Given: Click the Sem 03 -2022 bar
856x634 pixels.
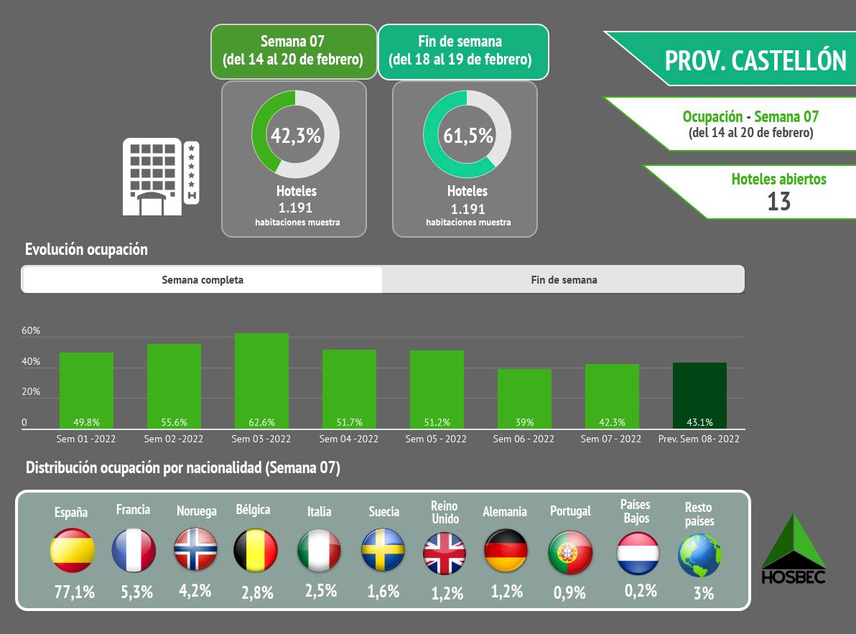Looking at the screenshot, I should pyautogui.click(x=261, y=381).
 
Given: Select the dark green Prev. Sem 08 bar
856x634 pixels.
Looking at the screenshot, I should pyautogui.click(x=699, y=395).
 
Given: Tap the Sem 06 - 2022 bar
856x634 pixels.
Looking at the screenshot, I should pyautogui.click(x=524, y=398).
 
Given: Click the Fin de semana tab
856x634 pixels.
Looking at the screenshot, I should pyautogui.click(x=564, y=280).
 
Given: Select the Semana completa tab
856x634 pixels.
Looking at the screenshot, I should pyautogui.click(x=203, y=280).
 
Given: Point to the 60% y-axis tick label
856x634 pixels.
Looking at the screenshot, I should pyautogui.click(x=31, y=331).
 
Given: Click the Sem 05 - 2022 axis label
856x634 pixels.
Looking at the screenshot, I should pyautogui.click(x=437, y=439).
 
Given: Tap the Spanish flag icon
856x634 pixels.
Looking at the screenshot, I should pyautogui.click(x=73, y=551).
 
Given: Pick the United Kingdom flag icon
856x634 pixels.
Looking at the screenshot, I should pyautogui.click(x=445, y=554).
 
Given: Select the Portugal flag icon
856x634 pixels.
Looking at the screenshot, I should pyautogui.click(x=570, y=553).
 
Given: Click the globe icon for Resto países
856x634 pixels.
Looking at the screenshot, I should pyautogui.click(x=699, y=555).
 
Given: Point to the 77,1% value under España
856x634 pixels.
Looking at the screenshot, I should pyautogui.click(x=74, y=592).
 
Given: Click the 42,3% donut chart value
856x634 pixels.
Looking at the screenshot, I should pyautogui.click(x=294, y=135).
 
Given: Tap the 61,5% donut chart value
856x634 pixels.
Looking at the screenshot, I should pyautogui.click(x=467, y=135).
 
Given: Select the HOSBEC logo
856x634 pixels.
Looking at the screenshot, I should pyautogui.click(x=793, y=549).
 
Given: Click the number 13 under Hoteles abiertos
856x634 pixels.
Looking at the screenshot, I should pyautogui.click(x=778, y=202).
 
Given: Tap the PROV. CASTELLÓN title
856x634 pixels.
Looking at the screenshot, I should pyautogui.click(x=755, y=60).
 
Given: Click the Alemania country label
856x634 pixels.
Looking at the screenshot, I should pyautogui.click(x=505, y=511).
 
